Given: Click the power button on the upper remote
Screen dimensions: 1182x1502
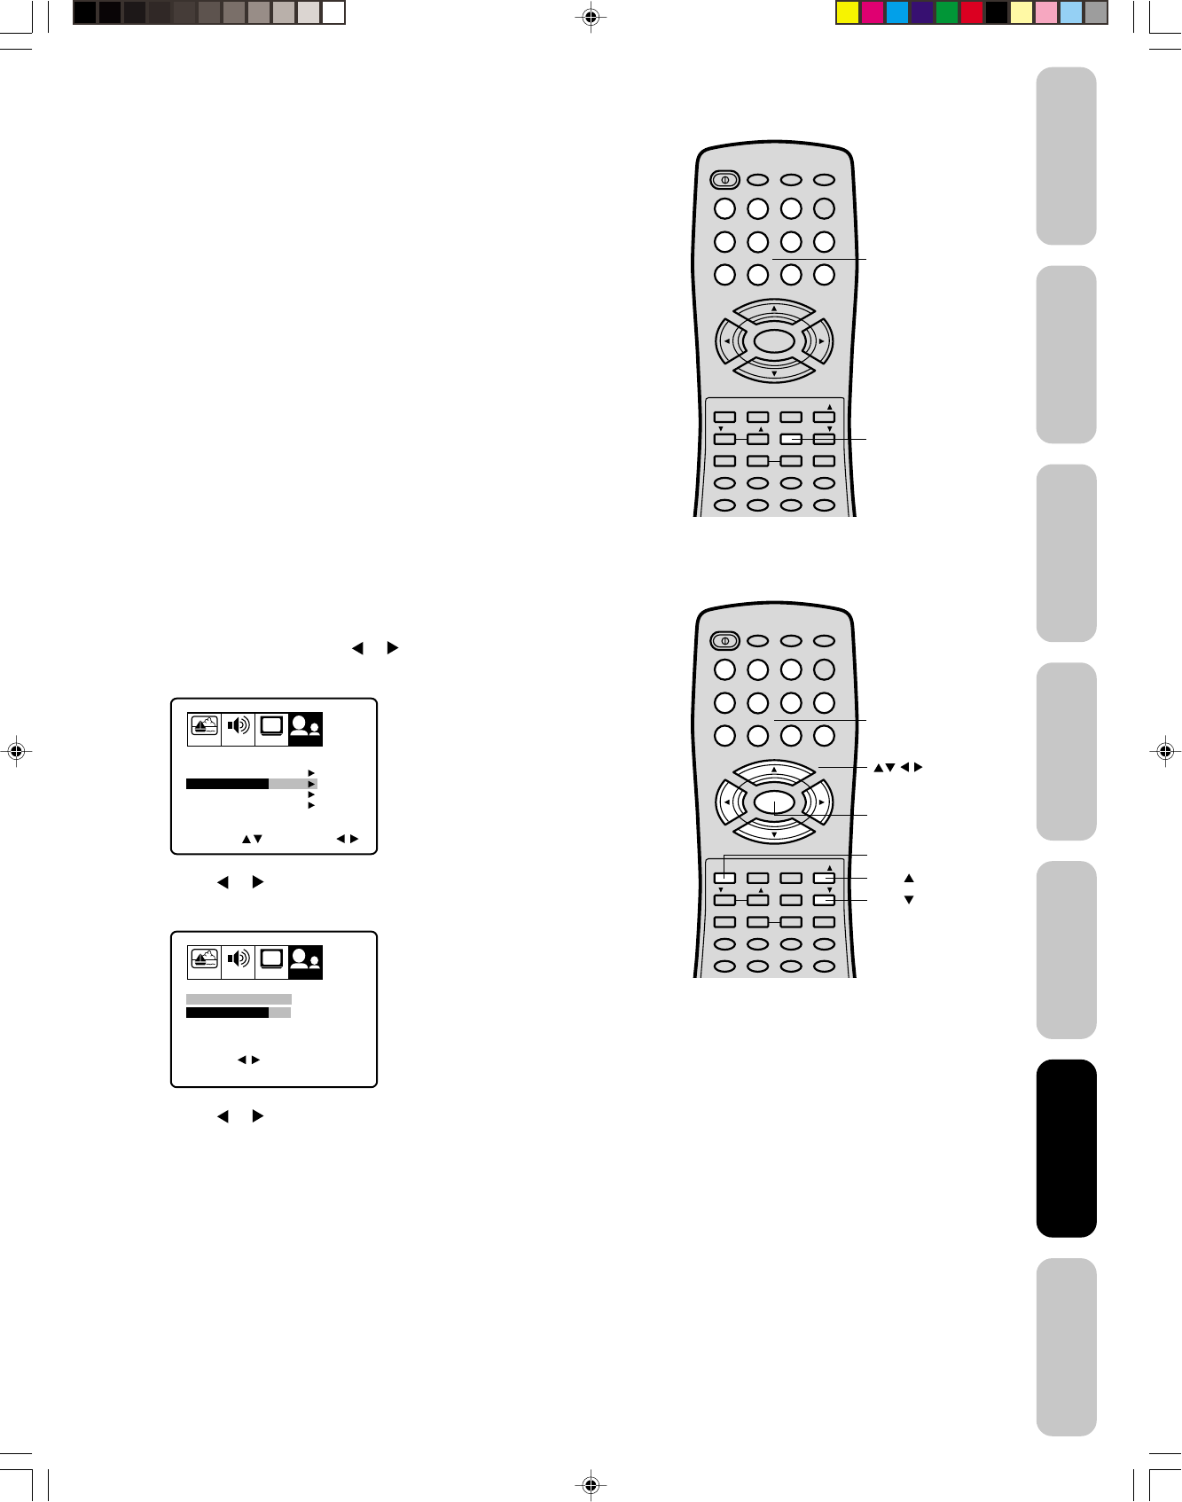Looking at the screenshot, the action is [x=724, y=180].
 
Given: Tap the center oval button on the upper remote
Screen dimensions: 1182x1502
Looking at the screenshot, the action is [x=774, y=341].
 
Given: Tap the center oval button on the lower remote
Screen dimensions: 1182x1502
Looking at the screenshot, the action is [x=774, y=802].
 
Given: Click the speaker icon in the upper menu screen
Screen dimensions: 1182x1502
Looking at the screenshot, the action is [x=238, y=727].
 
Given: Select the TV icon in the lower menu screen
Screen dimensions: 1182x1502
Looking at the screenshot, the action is [x=271, y=959].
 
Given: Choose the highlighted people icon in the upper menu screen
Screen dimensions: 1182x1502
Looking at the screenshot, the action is [x=305, y=728].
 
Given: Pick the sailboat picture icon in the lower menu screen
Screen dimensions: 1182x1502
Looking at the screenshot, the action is [x=204, y=959].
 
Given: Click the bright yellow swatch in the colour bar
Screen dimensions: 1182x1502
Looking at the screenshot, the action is [x=848, y=12].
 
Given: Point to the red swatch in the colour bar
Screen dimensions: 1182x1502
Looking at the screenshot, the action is [x=972, y=12].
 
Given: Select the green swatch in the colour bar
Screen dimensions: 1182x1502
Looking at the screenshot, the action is [x=947, y=12].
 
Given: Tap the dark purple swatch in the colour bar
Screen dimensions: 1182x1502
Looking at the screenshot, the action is [x=922, y=12].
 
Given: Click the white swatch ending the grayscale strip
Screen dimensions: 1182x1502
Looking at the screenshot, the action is [x=333, y=12].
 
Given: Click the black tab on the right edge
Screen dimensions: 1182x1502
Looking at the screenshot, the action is [x=1066, y=1147].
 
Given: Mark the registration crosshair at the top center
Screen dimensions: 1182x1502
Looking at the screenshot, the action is [x=591, y=16].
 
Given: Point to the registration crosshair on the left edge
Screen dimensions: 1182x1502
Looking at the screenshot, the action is [x=15, y=751].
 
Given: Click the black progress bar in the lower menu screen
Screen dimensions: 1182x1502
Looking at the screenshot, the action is [x=227, y=1013].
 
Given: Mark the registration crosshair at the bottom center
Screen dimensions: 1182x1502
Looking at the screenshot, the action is [x=591, y=1485].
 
